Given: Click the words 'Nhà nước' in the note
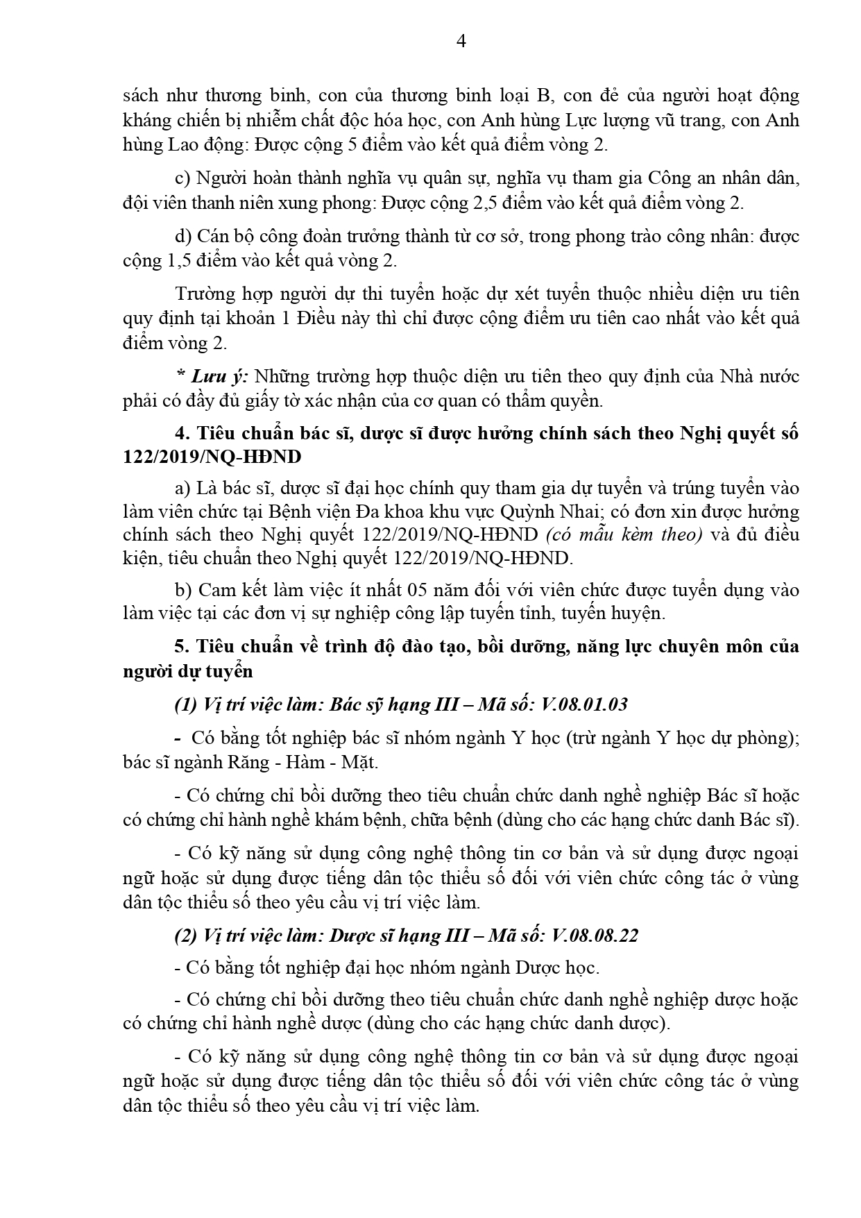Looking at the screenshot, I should click(759, 376).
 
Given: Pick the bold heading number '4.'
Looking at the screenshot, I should click(182, 433).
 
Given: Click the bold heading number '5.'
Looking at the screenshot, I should click(182, 646).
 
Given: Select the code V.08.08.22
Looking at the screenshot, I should click(595, 935).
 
